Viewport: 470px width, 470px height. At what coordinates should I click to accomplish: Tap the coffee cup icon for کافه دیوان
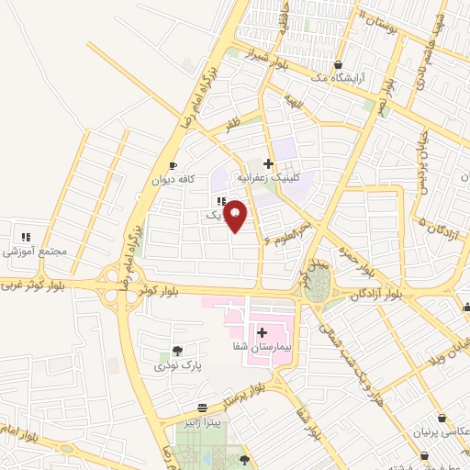(x=173, y=166)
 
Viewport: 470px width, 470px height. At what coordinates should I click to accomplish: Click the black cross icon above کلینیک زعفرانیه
(x=268, y=162)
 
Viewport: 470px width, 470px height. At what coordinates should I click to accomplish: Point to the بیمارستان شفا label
(x=261, y=347)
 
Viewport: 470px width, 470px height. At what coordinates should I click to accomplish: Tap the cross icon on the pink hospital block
(x=262, y=331)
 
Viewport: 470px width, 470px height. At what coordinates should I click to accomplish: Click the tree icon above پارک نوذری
(x=177, y=351)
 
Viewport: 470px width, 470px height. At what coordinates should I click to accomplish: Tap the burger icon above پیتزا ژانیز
(x=203, y=405)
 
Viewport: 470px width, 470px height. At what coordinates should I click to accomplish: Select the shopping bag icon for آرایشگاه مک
(x=340, y=65)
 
